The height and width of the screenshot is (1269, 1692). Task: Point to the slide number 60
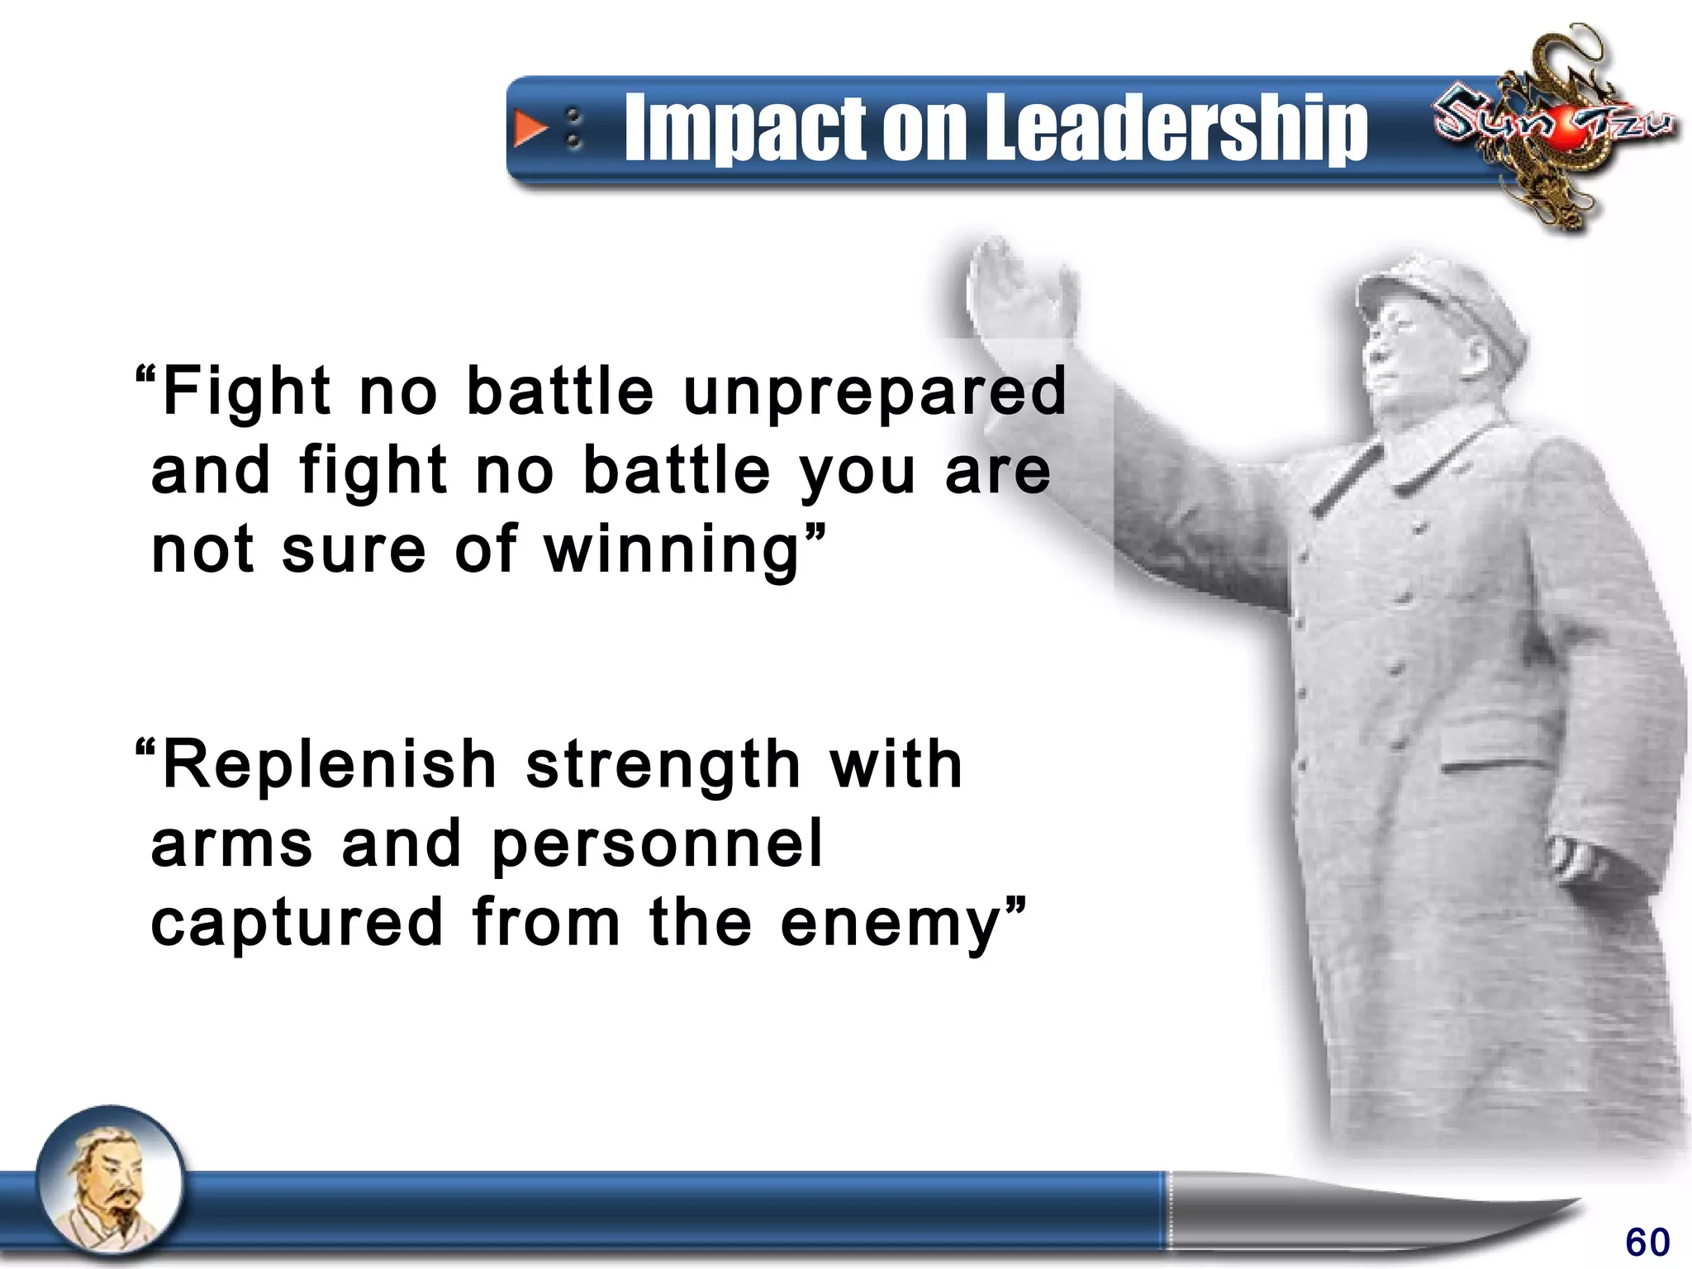coord(1647,1242)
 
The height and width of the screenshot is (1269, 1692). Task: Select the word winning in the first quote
coord(673,549)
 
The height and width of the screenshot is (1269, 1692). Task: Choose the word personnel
coord(658,844)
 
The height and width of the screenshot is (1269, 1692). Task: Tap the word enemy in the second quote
coord(891,924)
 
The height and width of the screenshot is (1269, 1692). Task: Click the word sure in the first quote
coord(354,550)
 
